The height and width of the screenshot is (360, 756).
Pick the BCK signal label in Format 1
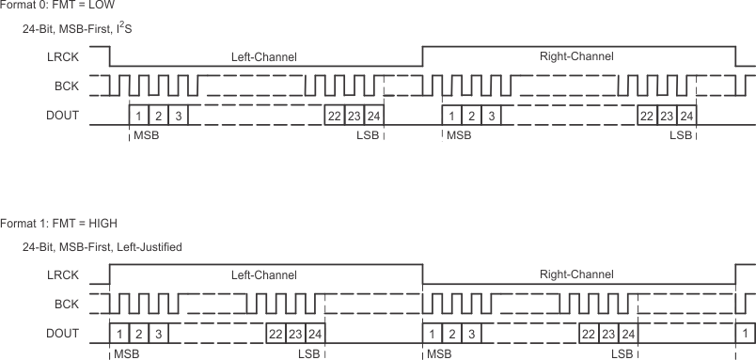pos(66,304)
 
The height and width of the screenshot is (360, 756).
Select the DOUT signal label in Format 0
pos(62,117)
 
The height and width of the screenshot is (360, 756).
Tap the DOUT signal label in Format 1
pos(62,334)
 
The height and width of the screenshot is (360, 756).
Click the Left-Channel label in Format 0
pos(264,57)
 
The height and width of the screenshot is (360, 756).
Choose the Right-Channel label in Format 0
pos(576,56)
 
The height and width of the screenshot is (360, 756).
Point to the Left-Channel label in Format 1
pos(264,275)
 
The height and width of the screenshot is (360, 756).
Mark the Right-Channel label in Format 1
pos(576,275)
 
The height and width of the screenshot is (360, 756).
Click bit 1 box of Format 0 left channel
pos(138,117)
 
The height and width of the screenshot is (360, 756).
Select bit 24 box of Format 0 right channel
pos(687,117)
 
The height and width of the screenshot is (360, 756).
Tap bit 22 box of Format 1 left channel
pos(276,335)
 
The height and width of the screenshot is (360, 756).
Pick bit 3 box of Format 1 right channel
pos(473,335)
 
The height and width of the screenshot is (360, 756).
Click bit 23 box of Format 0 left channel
pos(354,117)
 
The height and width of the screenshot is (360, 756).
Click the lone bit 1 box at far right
pos(745,335)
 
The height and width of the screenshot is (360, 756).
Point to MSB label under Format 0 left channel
pos(147,136)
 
